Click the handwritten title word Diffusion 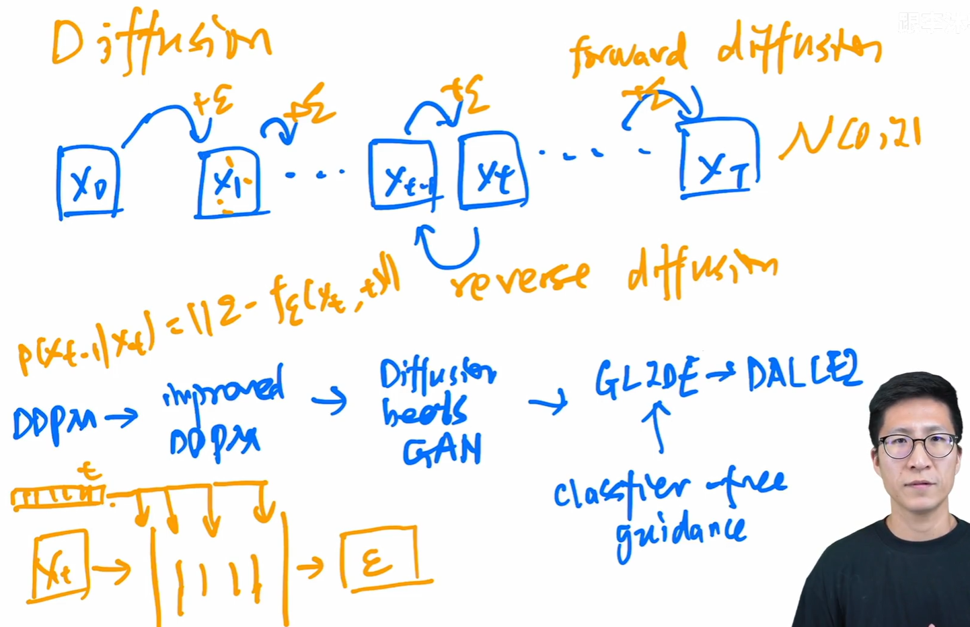pos(161,42)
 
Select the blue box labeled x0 pos(88,182)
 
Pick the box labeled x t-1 pos(404,175)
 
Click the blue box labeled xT pos(718,159)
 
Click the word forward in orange pos(628,54)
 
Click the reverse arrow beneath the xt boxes pos(447,249)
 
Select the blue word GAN pos(442,450)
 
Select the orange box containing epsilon pos(379,559)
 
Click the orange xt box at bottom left pos(61,564)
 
